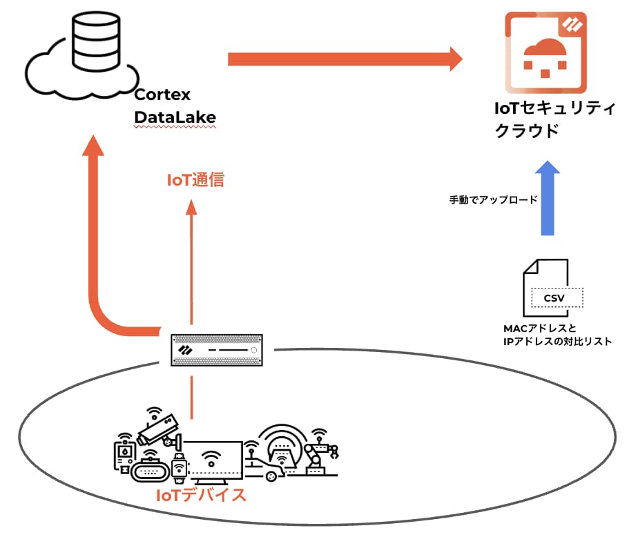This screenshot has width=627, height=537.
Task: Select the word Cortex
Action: pyautogui.click(x=162, y=95)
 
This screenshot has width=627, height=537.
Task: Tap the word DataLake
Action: pyautogui.click(x=175, y=118)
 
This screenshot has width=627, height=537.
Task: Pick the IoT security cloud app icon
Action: pyautogui.click(x=546, y=53)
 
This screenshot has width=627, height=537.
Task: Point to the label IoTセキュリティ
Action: pyautogui.click(x=546, y=108)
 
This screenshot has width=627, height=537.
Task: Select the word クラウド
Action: pyautogui.click(x=527, y=131)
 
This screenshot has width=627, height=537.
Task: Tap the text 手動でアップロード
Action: pyautogui.click(x=493, y=199)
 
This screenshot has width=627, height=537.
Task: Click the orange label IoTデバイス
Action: pyautogui.click(x=201, y=496)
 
